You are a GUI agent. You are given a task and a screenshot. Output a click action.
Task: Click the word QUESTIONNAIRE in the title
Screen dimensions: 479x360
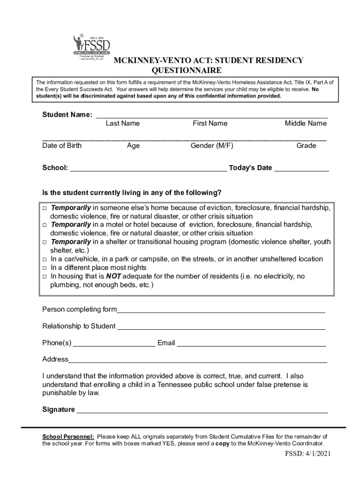[x=187, y=71]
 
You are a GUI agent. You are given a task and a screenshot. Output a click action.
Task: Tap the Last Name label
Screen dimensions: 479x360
[x=122, y=123]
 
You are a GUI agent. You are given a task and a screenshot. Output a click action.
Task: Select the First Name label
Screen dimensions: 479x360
[x=210, y=123]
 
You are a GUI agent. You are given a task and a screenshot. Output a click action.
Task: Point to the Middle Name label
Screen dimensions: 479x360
[x=306, y=123]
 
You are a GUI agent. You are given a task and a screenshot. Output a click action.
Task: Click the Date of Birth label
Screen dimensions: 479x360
[x=62, y=145]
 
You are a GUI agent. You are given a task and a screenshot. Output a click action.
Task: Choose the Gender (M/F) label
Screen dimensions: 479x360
[x=212, y=145]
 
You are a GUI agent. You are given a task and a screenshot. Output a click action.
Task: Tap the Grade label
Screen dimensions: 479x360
[x=306, y=145]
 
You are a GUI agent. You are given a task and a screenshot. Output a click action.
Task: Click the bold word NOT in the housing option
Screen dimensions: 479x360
[x=114, y=276]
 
